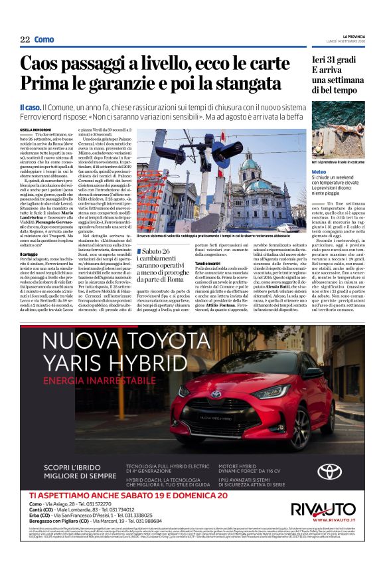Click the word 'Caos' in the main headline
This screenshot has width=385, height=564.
coord(41,64)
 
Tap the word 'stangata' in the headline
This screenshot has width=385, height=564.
coord(246,83)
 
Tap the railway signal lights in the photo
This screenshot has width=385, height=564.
coord(168,153)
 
